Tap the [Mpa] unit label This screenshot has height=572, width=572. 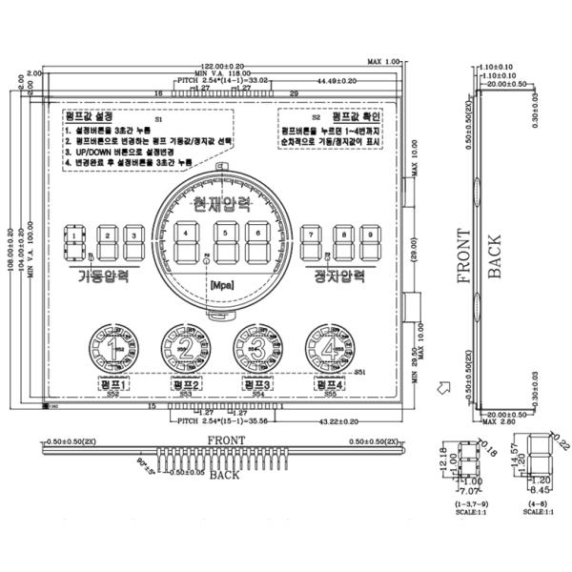click(221, 285)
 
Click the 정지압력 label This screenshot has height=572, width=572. click(339, 277)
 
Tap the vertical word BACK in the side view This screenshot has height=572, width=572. click(494, 257)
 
